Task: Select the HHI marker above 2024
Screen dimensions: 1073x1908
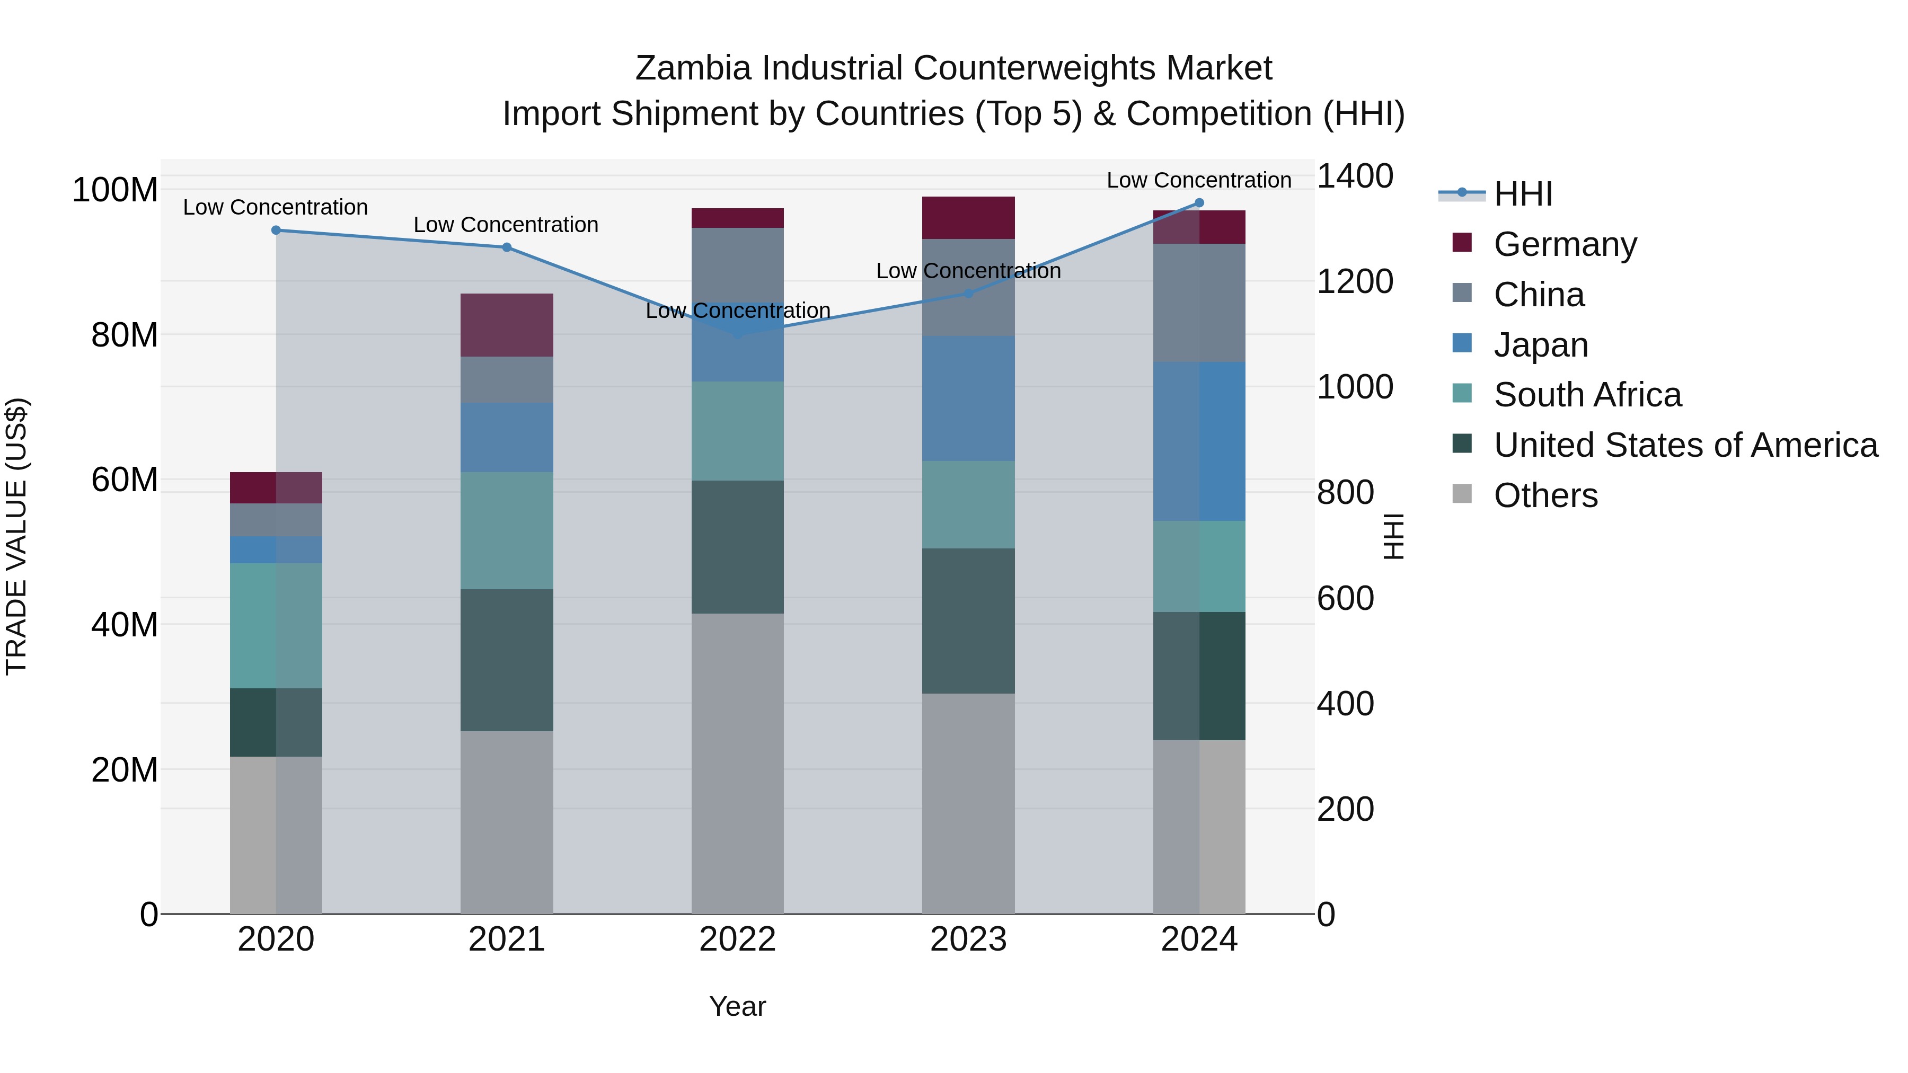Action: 1199,203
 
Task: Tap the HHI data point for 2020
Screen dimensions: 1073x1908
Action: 276,230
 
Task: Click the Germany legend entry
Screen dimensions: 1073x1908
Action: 1565,244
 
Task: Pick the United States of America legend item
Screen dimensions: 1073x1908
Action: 1685,445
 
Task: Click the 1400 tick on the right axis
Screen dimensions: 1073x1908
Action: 1354,176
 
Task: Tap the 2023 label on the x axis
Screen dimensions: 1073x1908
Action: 968,939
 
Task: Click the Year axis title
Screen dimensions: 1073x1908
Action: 737,1006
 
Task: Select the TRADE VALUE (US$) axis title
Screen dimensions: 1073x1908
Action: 16,536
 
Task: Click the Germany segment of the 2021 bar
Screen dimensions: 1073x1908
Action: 507,325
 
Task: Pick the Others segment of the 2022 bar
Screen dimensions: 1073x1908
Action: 737,762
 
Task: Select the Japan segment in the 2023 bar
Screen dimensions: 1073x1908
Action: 968,398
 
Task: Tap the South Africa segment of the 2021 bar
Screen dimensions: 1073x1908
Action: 507,530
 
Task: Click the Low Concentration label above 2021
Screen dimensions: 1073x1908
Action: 506,224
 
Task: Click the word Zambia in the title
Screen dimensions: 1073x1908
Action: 694,68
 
